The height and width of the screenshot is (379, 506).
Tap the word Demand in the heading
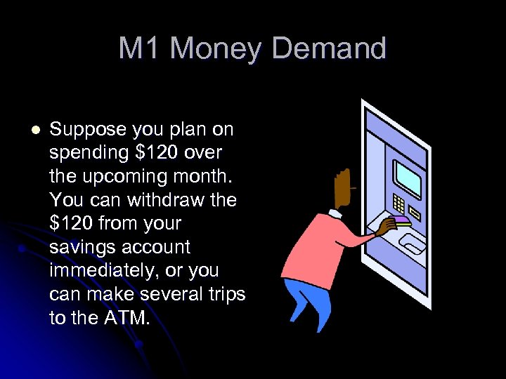click(328, 49)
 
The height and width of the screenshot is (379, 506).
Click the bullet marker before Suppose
click(36, 130)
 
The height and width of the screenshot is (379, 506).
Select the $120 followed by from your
click(72, 224)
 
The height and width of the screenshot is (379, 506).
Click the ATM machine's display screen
click(407, 176)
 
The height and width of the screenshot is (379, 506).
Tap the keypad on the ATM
click(398, 204)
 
